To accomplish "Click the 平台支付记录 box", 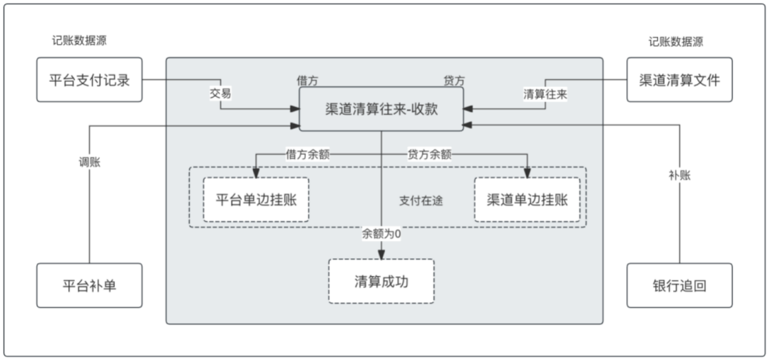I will pyautogui.click(x=89, y=80).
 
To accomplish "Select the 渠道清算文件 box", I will pyautogui.click(x=679, y=80).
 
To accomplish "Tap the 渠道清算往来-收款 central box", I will pyautogui.click(x=381, y=109).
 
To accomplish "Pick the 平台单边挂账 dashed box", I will pyautogui.click(x=256, y=200).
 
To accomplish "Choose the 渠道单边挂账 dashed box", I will pyautogui.click(x=527, y=200).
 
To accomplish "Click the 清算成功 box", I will pyautogui.click(x=381, y=281).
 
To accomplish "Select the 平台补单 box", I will pyautogui.click(x=89, y=285).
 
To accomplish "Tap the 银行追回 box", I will pyautogui.click(x=679, y=285).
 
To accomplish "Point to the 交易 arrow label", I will pyautogui.click(x=220, y=93).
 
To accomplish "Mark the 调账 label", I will pyautogui.click(x=89, y=162).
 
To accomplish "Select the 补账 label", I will pyautogui.click(x=679, y=174).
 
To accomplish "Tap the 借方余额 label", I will pyautogui.click(x=308, y=153).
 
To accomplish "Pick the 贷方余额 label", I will pyautogui.click(x=429, y=153).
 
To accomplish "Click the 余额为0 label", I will pyautogui.click(x=381, y=233).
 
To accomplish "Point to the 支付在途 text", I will pyautogui.click(x=421, y=201).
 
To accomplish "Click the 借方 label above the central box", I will pyautogui.click(x=308, y=80).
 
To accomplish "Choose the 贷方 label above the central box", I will pyautogui.click(x=455, y=80).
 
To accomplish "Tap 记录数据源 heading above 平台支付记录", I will pyautogui.click(x=79, y=41).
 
